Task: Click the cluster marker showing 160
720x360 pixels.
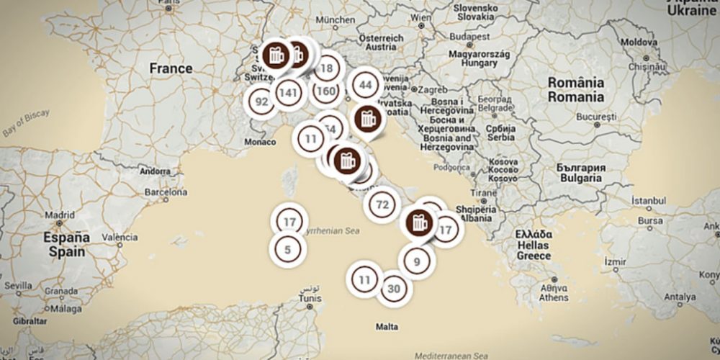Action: [325, 91]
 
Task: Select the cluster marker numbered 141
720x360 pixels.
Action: [287, 92]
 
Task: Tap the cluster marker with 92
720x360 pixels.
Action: [261, 102]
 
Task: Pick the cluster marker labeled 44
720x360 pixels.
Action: [366, 84]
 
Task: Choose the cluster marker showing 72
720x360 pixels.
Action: [382, 205]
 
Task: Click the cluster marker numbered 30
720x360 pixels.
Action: [393, 289]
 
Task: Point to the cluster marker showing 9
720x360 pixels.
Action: [417, 261]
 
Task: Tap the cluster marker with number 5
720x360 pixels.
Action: [287, 250]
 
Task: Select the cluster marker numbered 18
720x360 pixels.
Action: [327, 68]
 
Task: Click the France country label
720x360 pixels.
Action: [171, 68]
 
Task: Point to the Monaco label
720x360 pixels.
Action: [261, 143]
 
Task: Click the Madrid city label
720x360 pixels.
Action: [60, 215]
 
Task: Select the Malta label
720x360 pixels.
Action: [387, 326]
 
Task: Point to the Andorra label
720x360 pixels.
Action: [156, 172]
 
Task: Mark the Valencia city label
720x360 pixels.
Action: [120, 237]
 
